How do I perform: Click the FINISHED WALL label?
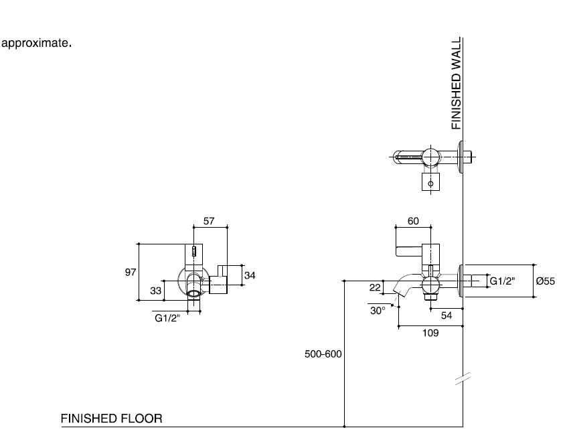coord(457,83)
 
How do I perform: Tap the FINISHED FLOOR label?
coord(111,419)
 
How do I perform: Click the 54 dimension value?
coord(447,315)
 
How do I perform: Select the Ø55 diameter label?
coord(545,281)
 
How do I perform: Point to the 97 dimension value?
coord(131,272)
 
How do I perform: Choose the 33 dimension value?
coord(155,290)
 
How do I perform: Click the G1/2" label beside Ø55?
coord(503,281)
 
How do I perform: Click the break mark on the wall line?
coord(463,380)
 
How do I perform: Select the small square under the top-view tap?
coord(430,182)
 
